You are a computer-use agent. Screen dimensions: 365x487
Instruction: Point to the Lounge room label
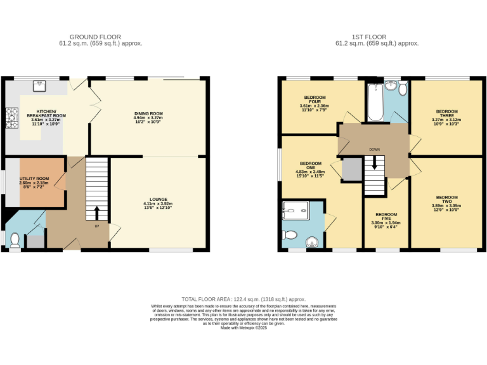pyautogui.click(x=157, y=199)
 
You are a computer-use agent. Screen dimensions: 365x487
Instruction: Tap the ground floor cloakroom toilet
pyautogui.click(x=13, y=239)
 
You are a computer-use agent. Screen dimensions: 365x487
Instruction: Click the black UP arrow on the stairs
pyautogui.click(x=97, y=212)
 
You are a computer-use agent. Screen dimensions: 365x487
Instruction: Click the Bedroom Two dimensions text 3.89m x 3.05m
pyautogui.click(x=446, y=205)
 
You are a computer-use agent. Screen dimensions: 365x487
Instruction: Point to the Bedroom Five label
pyautogui.click(x=386, y=216)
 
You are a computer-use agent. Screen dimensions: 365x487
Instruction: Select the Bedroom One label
pyautogui.click(x=311, y=166)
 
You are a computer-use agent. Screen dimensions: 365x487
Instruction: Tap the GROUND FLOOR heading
pyautogui.click(x=96, y=37)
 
